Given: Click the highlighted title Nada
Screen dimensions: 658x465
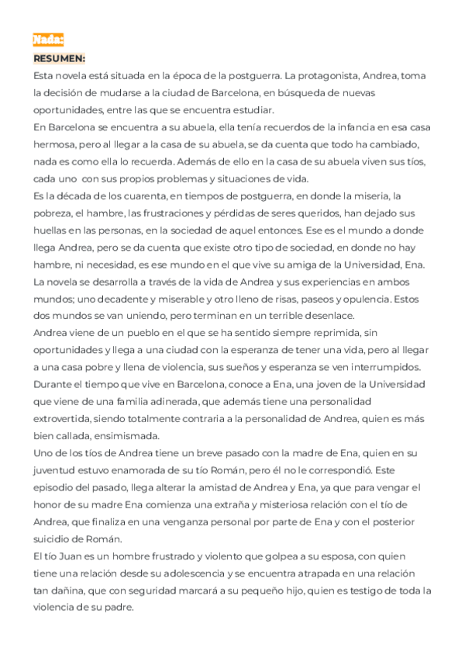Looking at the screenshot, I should (x=48, y=40).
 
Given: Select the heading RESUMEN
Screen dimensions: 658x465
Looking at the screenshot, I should (x=60, y=58).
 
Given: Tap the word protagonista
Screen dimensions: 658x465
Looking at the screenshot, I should (x=336, y=75).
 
